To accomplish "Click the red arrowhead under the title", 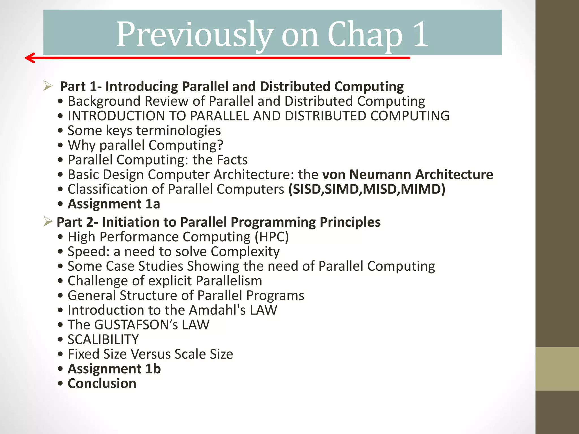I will pos(30,58).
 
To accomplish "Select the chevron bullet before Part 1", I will pos(48,86).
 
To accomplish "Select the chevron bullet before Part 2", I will pos(48,222).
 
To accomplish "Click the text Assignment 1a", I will pos(114,204).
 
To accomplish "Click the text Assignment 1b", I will pos(114,369).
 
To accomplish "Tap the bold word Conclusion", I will pos(102,383).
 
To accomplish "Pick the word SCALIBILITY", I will pos(103,339).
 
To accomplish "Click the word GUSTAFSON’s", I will pos(136,325).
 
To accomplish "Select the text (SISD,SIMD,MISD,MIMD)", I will pos(367,189).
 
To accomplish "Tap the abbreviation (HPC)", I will pos(272,237).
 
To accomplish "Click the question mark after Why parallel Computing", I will pos(220,145).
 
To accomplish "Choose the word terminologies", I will pos(178,131).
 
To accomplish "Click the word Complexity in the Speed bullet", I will pos(245,251).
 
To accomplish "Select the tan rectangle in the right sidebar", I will pos(557,369).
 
